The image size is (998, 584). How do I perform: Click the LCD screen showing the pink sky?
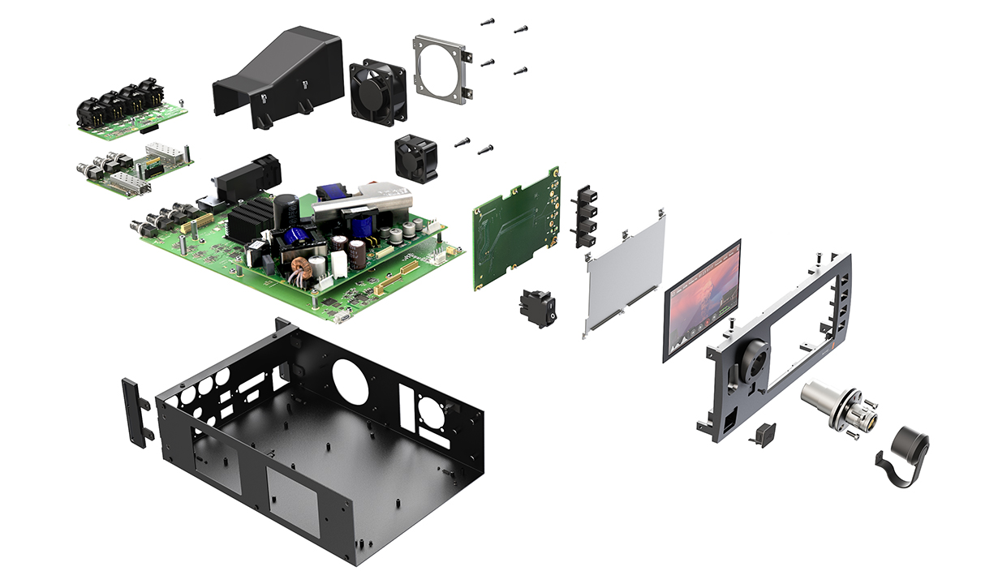(x=703, y=300)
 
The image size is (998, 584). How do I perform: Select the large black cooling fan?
(x=377, y=91)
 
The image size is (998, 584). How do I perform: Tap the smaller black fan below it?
(x=416, y=157)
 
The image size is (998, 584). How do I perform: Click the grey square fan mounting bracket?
(x=442, y=69)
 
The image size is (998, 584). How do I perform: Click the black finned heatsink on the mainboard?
(x=250, y=217)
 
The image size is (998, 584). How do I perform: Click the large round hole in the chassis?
(x=351, y=381)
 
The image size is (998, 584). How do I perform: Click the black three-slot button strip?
(x=583, y=216)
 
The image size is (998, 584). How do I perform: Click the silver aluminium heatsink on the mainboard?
(x=365, y=203)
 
